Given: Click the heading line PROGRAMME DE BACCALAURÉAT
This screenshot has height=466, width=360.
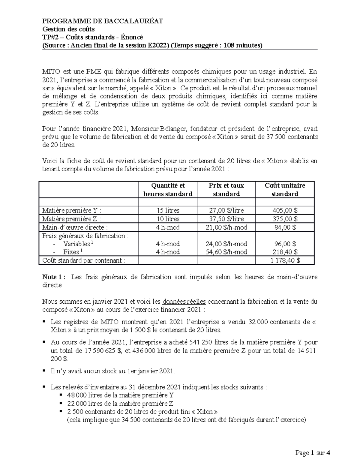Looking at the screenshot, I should click(x=103, y=21).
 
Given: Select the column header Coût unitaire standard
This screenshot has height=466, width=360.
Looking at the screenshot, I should click(x=284, y=190).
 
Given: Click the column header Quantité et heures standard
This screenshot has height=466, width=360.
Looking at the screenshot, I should click(x=168, y=190).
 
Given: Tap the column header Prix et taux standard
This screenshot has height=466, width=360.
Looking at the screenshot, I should click(x=226, y=190).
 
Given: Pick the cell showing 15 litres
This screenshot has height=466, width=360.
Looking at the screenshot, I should click(x=168, y=211).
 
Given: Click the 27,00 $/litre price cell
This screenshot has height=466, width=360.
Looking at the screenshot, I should click(x=226, y=211).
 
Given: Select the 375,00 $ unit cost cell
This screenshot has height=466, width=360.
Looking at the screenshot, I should click(x=284, y=219).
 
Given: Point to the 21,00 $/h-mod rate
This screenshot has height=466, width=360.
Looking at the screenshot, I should click(x=226, y=227).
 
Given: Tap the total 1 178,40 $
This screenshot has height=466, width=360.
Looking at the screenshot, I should click(x=284, y=260).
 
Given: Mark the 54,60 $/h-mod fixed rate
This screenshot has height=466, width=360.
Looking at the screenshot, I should click(x=226, y=252).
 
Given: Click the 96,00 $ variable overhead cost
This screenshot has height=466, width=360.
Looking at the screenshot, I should click(x=284, y=244).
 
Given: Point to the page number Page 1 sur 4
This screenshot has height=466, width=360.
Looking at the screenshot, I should click(x=312, y=453).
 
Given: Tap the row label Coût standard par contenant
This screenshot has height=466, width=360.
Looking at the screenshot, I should click(x=84, y=260).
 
